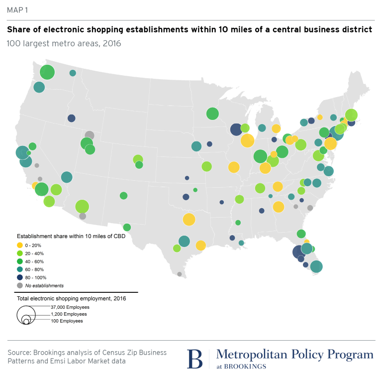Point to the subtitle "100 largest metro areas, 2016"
coord(64,43)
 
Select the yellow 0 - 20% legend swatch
coord(20,245)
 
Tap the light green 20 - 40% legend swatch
coord(20,253)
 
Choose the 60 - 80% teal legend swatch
coord(20,269)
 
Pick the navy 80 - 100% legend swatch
coord(20,277)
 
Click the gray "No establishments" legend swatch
coord(20,285)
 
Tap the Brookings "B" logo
coord(195,359)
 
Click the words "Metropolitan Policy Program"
coord(294,355)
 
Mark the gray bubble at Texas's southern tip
coord(179,274)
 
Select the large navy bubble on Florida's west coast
coord(298,252)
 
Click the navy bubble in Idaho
coord(71,118)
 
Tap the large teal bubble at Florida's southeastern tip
coord(316,267)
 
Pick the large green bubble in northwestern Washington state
coord(47,72)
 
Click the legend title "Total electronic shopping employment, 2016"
coord(71,299)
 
